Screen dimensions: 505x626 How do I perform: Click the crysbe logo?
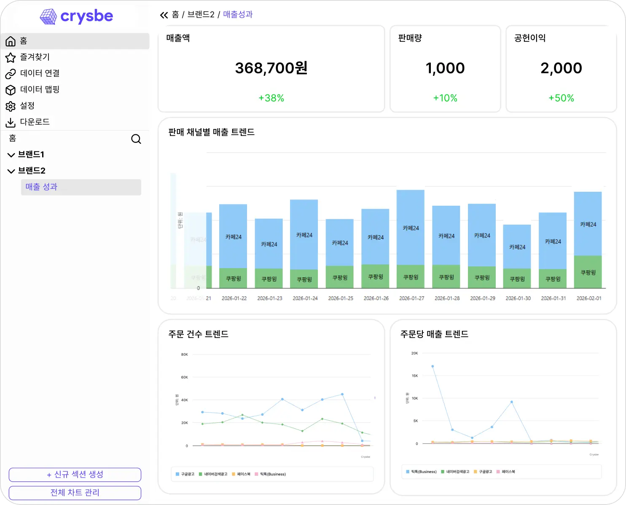76,16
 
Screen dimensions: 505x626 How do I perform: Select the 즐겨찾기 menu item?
35,57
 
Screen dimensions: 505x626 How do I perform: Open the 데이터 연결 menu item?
40,73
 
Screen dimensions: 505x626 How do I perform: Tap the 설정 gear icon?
11,106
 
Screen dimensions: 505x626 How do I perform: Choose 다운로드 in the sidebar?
35,122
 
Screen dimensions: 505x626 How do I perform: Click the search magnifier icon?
136,139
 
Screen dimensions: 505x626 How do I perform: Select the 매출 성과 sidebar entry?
41,187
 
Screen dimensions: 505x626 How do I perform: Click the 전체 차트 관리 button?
75,492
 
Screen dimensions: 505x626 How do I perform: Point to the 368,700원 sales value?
271,68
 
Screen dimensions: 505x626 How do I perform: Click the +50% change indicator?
561,98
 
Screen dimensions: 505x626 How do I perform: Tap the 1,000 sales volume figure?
445,68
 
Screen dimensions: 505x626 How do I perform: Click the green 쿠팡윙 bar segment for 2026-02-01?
588,272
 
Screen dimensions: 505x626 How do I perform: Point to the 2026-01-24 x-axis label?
305,298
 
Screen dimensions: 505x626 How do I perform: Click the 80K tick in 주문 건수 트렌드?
184,355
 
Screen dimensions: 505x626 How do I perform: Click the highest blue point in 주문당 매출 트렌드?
433,366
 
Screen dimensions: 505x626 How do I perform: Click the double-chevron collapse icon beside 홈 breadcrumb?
164,16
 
